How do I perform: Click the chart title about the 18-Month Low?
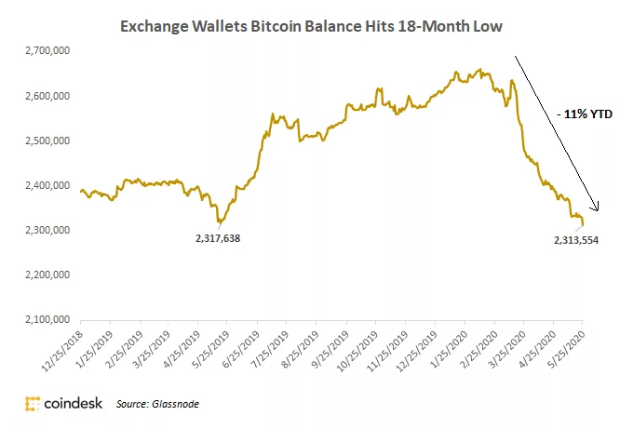(311, 26)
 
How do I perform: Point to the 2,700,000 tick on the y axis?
(47, 50)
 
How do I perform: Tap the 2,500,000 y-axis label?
(47, 141)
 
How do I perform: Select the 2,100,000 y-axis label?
(47, 319)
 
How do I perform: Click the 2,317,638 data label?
(218, 238)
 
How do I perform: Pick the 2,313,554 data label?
(576, 240)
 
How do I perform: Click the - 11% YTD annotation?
(585, 114)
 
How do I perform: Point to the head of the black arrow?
(597, 210)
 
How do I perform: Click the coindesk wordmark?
(74, 403)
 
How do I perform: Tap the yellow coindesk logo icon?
(33, 404)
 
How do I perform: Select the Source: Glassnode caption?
(157, 404)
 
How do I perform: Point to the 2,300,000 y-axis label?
(47, 230)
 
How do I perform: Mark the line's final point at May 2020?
(583, 225)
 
